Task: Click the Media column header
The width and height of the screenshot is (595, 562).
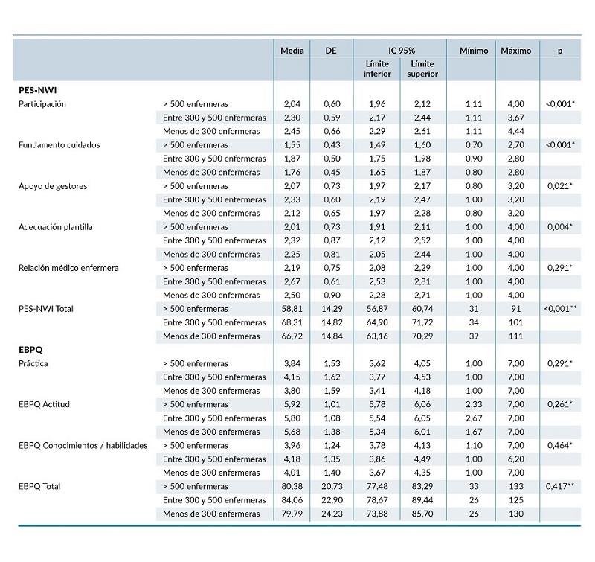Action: coord(292,51)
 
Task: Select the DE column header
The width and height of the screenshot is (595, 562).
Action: coord(332,51)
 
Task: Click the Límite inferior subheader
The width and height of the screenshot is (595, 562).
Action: coord(377,69)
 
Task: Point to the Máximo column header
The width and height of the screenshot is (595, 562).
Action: coord(515,51)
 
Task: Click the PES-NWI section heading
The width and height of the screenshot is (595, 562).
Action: coord(39,90)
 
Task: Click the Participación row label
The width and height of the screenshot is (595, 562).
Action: coord(42,104)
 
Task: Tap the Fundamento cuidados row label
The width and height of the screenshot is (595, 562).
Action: coord(59,145)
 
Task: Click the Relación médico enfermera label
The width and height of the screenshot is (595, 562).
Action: coord(69,268)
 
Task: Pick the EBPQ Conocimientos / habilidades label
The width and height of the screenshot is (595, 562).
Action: coord(83,446)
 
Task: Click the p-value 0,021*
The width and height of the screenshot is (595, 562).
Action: coord(560,186)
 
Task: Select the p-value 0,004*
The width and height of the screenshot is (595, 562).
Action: coord(560,227)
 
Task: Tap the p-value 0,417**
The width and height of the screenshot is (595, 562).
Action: coord(560,487)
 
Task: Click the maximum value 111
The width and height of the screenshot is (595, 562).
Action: coord(515,336)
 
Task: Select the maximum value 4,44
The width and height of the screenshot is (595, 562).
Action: coord(515,132)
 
